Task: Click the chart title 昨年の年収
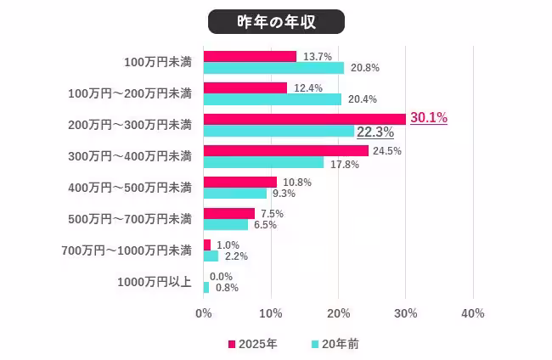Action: [x=276, y=21]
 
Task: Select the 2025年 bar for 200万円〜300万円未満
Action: [x=304, y=119]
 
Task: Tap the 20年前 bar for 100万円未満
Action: [x=273, y=68]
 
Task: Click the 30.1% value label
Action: [x=429, y=118]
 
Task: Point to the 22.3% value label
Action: [x=375, y=132]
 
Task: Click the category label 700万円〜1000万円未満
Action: [x=127, y=250]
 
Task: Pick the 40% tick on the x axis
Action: [x=472, y=313]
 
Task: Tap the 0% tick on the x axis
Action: [x=204, y=313]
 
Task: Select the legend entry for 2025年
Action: [x=252, y=344]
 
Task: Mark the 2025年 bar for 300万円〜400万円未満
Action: [x=285, y=150]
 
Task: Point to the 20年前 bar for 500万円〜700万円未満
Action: [x=226, y=225]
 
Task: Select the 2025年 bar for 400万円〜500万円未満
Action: [x=239, y=182]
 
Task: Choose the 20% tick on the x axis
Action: [x=338, y=313]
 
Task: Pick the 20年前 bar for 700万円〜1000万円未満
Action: [x=211, y=256]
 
